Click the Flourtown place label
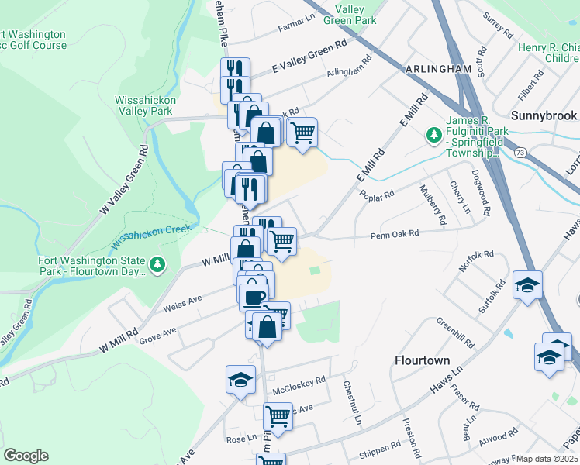pos(422,360)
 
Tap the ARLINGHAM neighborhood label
pos(438,69)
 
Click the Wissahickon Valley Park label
pos(145,105)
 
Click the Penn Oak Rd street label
pos(394,234)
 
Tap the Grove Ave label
pos(157,334)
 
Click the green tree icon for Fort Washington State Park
pos(157,265)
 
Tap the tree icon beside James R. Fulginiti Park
pos(433,135)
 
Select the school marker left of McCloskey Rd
pos(240,381)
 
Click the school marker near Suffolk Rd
pos(527,285)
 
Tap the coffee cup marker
pos(253,295)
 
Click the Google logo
pos(26,456)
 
